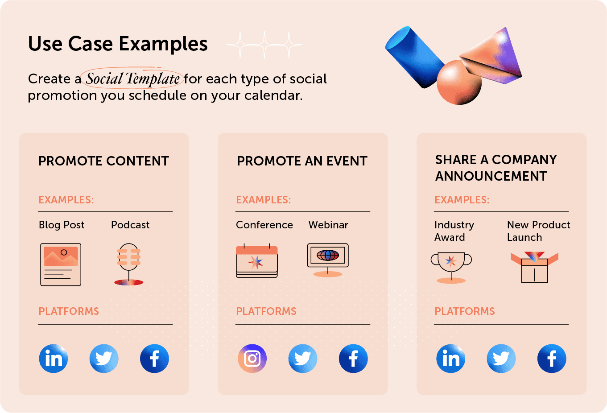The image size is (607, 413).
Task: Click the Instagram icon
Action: [x=252, y=359]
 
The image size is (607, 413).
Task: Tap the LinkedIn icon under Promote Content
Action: [x=54, y=359]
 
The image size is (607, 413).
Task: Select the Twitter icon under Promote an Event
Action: [x=303, y=359]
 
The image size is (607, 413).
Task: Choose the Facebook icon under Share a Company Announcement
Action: [x=552, y=359]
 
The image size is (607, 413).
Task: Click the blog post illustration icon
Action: [x=61, y=264]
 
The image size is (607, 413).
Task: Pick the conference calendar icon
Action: [x=256, y=261]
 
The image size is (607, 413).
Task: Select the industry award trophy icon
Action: [x=451, y=267]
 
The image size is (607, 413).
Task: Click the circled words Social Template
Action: [x=132, y=79]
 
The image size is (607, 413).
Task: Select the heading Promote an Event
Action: [x=302, y=161]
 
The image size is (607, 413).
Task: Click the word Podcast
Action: [x=130, y=225]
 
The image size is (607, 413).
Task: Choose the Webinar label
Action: [x=328, y=225]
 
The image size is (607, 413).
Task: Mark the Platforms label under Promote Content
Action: [x=69, y=311]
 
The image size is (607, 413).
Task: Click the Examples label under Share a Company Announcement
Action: [x=462, y=200]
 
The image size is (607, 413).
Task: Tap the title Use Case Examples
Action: [x=118, y=44]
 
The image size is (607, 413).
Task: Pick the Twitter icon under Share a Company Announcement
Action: [x=501, y=359]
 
